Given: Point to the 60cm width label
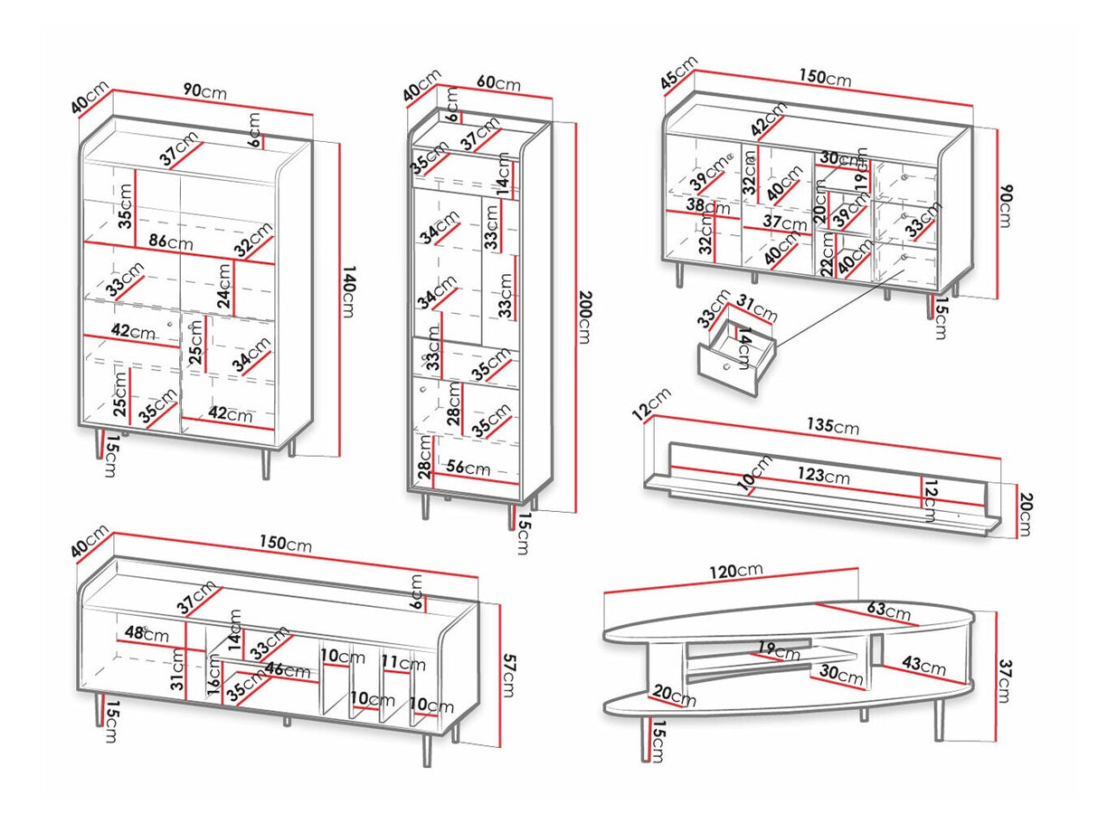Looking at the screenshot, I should coord(498,84).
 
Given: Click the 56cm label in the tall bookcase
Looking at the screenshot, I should coord(468,469).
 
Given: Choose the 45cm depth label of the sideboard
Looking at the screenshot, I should coord(679,73).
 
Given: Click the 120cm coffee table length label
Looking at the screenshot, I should coord(736,571).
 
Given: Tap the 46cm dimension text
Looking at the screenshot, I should coord(288,670).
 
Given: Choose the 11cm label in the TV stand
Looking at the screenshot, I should coord(402,663).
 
